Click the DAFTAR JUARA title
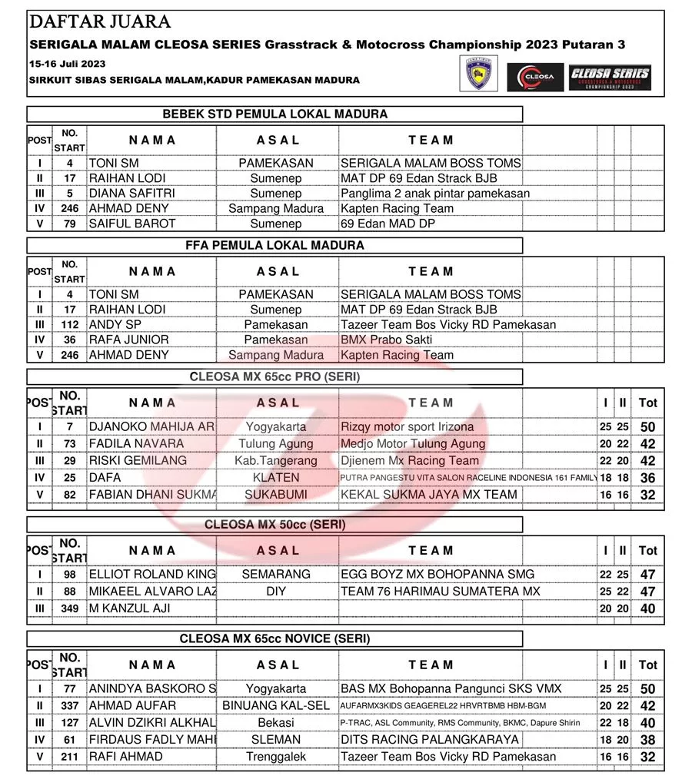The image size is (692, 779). (100, 22)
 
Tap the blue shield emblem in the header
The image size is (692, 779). (478, 75)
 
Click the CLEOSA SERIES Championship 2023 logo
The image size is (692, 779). (610, 78)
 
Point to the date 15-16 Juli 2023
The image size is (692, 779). (68, 64)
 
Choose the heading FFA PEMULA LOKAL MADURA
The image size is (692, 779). (274, 246)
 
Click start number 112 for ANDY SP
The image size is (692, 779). (69, 325)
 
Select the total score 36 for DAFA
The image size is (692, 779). (647, 478)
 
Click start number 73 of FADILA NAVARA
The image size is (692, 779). (69, 444)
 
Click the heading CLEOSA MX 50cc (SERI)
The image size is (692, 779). (274, 525)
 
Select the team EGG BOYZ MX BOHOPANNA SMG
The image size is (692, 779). (437, 574)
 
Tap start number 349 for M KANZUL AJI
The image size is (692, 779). (69, 608)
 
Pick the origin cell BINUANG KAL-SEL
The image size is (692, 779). (276, 705)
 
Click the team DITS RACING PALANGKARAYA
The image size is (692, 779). (429, 740)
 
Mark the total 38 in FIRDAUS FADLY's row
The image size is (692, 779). (647, 740)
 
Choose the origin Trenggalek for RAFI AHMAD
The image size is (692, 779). (276, 757)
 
